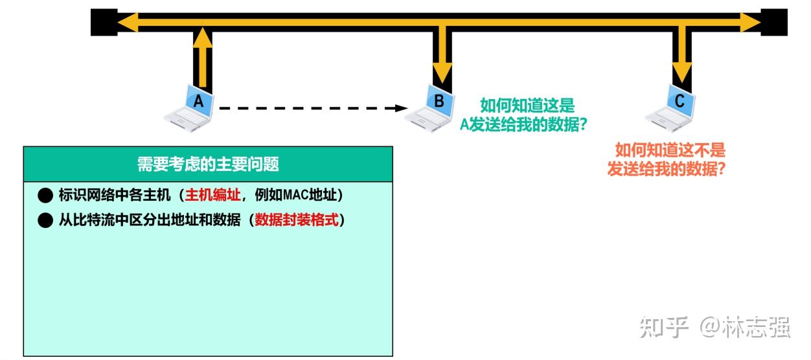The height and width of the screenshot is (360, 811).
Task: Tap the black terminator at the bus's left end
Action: tap(104, 22)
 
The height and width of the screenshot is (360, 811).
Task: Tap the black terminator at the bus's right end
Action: tap(773, 22)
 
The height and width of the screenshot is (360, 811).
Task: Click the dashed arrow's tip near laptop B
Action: tap(401, 108)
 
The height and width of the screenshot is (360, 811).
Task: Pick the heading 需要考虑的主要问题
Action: tap(208, 164)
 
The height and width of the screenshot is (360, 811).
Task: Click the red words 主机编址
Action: tap(212, 195)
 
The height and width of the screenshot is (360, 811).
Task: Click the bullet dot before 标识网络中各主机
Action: tap(45, 195)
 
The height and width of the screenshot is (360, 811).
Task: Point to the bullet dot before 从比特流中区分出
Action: tap(45, 221)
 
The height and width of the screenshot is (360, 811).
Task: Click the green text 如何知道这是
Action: tap(527, 106)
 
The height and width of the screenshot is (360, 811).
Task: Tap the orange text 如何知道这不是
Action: tap(670, 151)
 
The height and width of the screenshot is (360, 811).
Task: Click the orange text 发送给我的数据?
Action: tap(665, 170)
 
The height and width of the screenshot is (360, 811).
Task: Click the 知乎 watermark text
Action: tap(664, 326)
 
